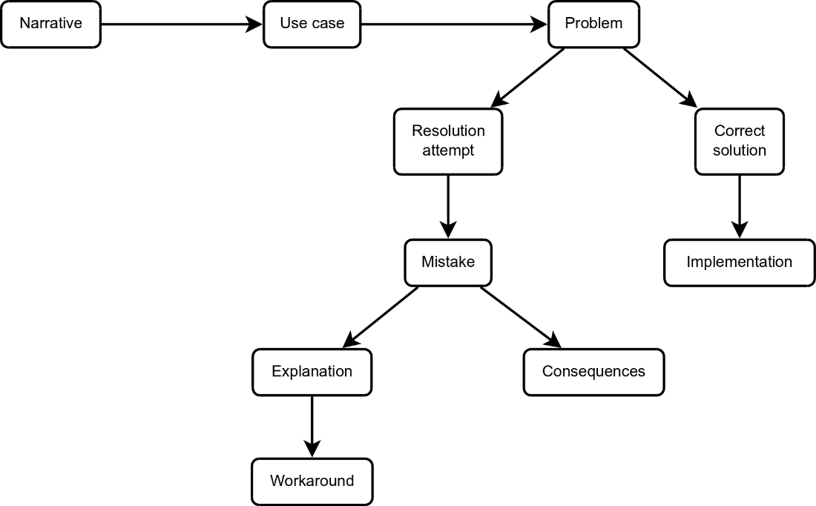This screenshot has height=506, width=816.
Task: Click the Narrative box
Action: coord(50,24)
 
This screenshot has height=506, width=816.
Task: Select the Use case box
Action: coord(312,24)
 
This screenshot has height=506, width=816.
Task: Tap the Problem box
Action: coord(593,24)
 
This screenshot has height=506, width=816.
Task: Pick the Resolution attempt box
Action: coord(448,141)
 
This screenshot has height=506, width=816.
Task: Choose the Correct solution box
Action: coord(740,141)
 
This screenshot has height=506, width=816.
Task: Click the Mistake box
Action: coord(448,262)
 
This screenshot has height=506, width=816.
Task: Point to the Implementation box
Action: coord(739,262)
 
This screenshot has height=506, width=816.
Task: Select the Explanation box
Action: coord(312,372)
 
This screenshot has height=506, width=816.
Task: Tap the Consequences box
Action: coord(593,372)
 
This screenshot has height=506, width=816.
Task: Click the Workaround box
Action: coord(312,481)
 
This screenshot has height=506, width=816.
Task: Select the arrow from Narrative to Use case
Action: coord(182,24)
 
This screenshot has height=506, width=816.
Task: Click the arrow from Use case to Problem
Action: coord(454,24)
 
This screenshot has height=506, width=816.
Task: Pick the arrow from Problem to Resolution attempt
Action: coord(528,78)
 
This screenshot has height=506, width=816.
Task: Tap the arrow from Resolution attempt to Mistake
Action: coord(448,206)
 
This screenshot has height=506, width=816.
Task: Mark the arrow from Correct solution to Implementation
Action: coord(739,206)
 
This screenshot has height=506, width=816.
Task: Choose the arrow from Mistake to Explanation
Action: coord(380,317)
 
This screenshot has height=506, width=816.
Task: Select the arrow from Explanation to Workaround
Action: coord(312,426)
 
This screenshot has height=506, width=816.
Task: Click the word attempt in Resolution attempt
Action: coord(448,151)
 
